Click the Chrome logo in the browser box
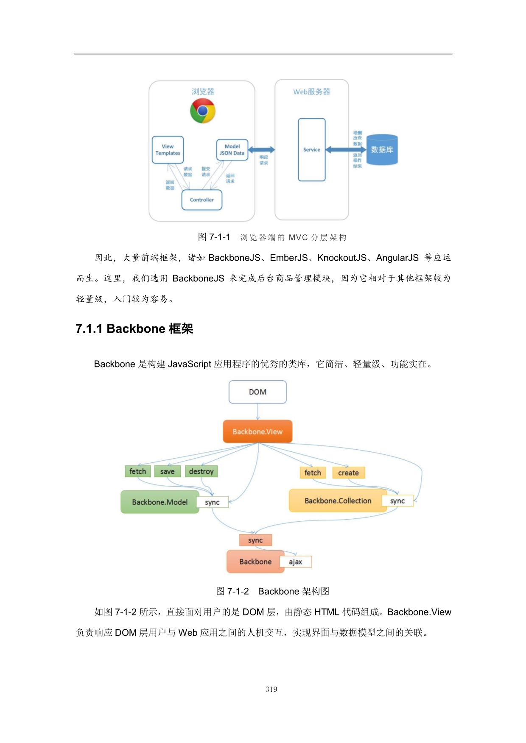[203, 111]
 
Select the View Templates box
[168, 150]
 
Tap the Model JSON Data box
[232, 150]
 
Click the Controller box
[202, 200]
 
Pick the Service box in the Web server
[312, 150]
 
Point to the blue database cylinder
[382, 150]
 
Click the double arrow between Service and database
[346, 150]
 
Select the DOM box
[257, 392]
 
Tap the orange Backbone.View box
[257, 431]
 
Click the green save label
[167, 471]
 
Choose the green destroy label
[201, 471]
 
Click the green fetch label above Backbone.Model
[137, 471]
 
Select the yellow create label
[348, 473]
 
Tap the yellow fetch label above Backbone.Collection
[313, 473]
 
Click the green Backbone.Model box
[159, 502]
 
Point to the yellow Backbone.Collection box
[338, 501]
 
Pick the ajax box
[296, 562]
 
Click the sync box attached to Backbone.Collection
[397, 501]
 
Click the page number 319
[271, 689]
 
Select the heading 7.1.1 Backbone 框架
[134, 328]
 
